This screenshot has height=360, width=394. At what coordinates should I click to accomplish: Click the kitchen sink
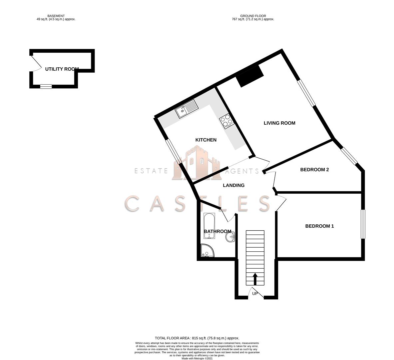187,109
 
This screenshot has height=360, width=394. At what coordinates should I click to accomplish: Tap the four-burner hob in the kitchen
227,122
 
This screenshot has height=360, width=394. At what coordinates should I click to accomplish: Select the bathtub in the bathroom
209,226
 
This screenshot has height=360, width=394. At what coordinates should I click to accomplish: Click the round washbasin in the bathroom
230,236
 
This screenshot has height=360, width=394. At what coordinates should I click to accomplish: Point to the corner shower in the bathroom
207,251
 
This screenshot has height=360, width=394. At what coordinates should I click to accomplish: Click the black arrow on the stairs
255,279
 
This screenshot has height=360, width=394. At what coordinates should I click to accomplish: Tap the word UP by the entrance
255,294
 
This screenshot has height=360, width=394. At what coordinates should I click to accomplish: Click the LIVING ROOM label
279,123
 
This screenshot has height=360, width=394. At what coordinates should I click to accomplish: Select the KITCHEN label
206,140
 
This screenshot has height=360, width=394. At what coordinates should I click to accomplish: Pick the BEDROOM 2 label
314,170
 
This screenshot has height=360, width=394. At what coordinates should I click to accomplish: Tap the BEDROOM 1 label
319,226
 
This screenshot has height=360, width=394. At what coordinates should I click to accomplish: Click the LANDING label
234,185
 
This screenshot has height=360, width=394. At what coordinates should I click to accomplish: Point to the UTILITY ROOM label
62,69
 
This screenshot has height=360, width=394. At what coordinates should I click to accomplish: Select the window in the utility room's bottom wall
46,87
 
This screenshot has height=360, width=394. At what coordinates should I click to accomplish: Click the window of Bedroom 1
363,224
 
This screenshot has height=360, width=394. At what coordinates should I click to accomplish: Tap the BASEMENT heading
56,16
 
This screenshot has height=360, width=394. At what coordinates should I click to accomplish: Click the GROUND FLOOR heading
253,16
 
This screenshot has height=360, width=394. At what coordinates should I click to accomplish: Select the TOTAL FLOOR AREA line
197,338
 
